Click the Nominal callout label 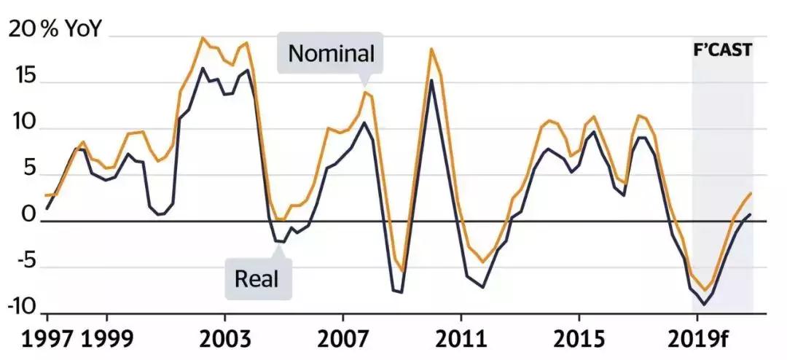331,53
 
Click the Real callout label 257,278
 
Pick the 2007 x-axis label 342,340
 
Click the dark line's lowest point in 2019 704,305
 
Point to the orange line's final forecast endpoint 751,193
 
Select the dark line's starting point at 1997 47,208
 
